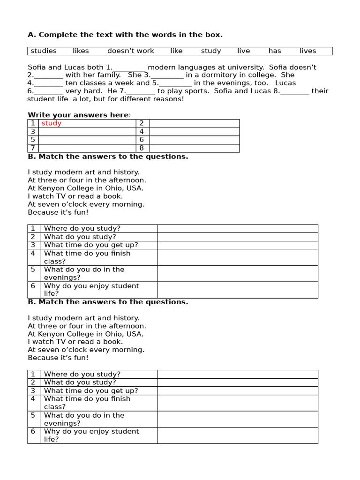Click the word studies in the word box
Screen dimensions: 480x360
point(44,51)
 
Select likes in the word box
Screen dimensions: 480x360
point(81,51)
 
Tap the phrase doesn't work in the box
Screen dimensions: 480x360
point(131,51)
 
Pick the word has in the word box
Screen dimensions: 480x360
point(275,51)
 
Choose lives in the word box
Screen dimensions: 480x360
point(308,51)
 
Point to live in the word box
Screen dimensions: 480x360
point(244,51)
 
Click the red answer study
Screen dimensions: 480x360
point(52,123)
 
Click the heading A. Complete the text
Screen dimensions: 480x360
point(125,35)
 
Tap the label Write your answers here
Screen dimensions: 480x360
point(79,115)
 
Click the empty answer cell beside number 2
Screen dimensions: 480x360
point(194,123)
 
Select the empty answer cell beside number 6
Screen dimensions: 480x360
point(194,140)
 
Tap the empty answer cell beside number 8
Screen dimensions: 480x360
point(194,148)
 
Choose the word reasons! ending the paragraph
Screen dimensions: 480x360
point(167,99)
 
